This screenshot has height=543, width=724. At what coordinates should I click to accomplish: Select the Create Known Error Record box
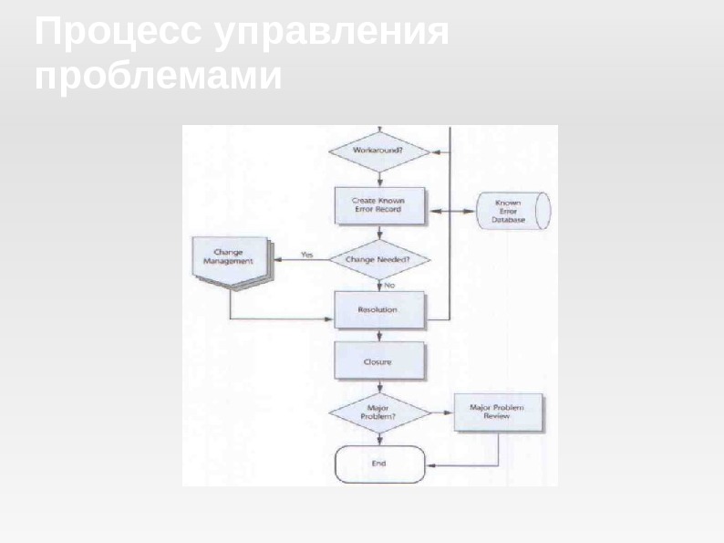378,205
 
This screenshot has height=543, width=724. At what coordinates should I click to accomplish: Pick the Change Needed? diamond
378,260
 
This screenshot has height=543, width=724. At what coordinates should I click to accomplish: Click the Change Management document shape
231,260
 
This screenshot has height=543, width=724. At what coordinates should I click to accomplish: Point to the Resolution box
378,310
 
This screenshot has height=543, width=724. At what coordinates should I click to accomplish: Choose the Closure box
378,361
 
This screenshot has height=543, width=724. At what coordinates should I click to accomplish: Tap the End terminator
379,464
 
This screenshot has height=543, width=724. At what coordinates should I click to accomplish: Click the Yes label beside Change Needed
307,255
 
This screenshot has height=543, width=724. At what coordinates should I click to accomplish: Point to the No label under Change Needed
389,286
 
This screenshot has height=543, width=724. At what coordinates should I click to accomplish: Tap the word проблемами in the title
158,76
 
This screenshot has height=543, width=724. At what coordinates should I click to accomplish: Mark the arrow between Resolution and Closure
378,335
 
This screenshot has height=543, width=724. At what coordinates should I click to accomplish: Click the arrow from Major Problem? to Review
441,412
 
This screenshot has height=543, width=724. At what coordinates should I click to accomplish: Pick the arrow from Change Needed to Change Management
301,260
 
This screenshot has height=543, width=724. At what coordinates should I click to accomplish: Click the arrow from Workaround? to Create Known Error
378,178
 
